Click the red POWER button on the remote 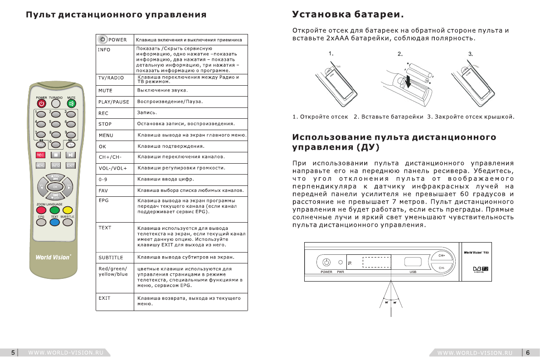point(42,103)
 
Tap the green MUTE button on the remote point(71,103)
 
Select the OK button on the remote point(55,186)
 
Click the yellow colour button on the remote point(68,210)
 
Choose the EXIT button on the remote point(70,165)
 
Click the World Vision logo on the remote point(53,257)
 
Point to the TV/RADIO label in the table point(111,78)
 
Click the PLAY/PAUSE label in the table point(114,102)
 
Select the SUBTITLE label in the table point(111,258)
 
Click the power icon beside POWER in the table point(103,39)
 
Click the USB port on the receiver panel point(412,262)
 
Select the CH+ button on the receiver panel point(442,255)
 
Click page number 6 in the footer point(528,352)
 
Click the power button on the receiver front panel point(326,262)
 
